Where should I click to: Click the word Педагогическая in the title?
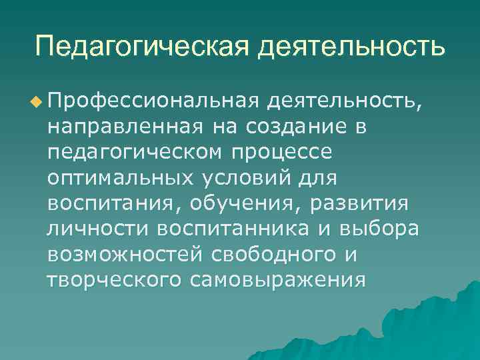(141, 47)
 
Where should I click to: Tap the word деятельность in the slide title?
(351, 47)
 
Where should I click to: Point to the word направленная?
(127, 127)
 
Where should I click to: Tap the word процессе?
(283, 153)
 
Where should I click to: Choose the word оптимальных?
(120, 178)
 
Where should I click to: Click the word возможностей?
(127, 254)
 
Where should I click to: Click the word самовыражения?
(278, 279)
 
